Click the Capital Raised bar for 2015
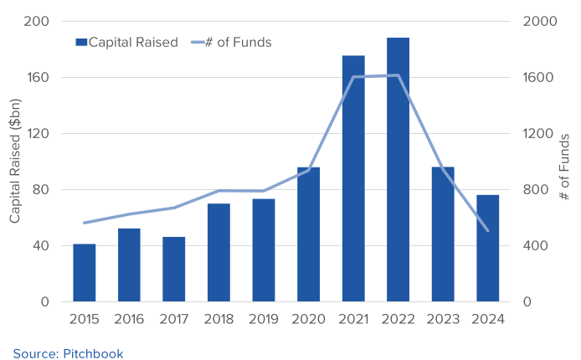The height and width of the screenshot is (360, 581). click(x=85, y=273)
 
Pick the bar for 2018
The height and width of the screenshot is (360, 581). click(x=219, y=252)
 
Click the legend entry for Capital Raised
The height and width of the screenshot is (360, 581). click(x=126, y=42)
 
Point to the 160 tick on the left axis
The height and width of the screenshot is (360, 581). click(x=36, y=78)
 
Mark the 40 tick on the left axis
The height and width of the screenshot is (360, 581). click(x=39, y=246)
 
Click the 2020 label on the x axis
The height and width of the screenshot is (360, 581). click(x=308, y=319)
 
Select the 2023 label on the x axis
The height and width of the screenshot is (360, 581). click(x=443, y=319)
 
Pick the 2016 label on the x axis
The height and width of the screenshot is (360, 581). click(x=129, y=319)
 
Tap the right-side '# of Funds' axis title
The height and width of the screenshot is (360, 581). click(x=565, y=166)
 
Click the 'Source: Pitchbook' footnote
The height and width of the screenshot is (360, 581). click(x=68, y=353)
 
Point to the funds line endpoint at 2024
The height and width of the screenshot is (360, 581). click(x=487, y=230)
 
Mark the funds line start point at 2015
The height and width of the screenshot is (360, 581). click(x=85, y=223)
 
